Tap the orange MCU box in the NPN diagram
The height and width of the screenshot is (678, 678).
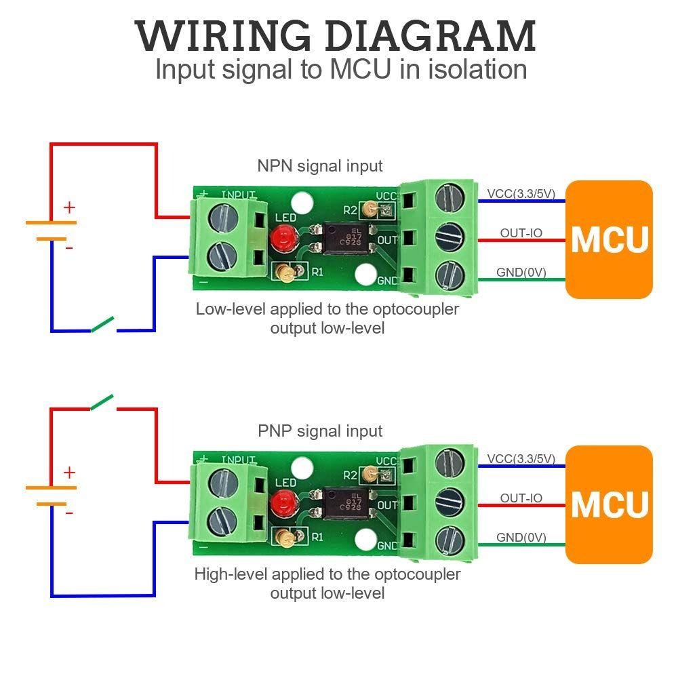[x=609, y=239]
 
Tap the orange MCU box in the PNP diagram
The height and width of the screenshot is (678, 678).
[x=609, y=504]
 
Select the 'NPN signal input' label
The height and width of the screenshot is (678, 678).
[x=319, y=166]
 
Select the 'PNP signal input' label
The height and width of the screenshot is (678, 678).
[x=320, y=431]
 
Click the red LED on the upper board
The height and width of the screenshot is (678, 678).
[x=280, y=237]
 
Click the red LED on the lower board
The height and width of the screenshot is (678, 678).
[x=280, y=502]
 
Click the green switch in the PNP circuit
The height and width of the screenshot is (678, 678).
[x=104, y=402]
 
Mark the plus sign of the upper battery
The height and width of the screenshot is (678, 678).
[x=69, y=207]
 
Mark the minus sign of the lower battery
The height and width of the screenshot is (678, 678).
[x=69, y=513]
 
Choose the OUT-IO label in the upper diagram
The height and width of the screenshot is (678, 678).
[x=521, y=233]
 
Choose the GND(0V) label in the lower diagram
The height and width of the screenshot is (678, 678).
[x=521, y=538]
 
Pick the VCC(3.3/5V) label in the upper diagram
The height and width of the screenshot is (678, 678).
[x=521, y=194]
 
